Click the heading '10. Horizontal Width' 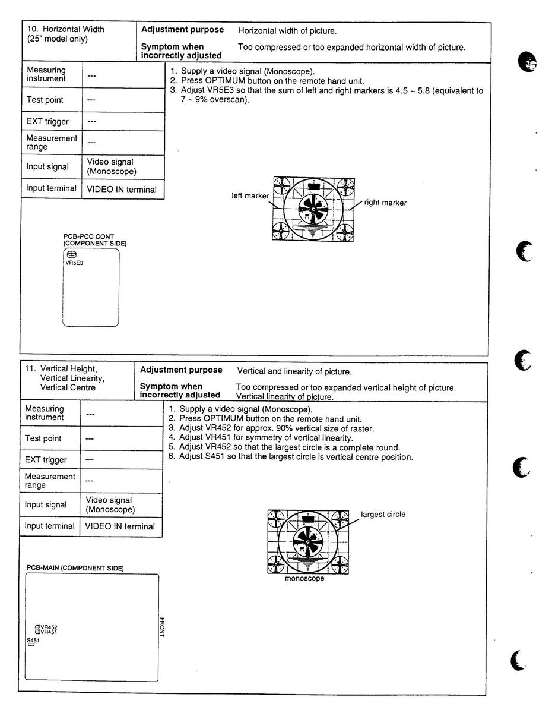click(x=66, y=29)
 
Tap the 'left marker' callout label click(x=249, y=195)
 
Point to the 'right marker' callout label click(x=385, y=203)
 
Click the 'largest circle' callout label click(x=383, y=514)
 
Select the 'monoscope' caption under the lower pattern click(x=304, y=579)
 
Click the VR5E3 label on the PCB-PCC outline click(x=74, y=262)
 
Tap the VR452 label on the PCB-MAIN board click(x=49, y=627)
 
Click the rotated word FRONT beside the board click(x=161, y=627)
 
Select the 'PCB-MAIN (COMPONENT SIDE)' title click(x=75, y=568)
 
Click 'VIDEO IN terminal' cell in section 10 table click(x=122, y=190)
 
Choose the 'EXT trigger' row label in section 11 click(x=45, y=459)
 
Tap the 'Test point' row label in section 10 click(x=45, y=100)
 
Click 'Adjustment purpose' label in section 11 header click(x=181, y=370)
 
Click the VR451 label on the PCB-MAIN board click(x=49, y=632)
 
